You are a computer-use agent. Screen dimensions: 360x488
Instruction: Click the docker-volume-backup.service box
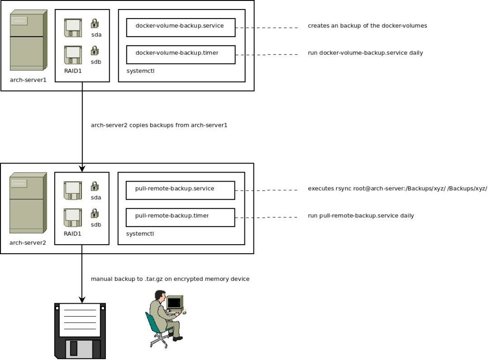pos(181,27)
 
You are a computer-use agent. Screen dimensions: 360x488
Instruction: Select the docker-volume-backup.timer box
pos(181,54)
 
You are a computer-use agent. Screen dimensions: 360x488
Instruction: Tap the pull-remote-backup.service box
pos(181,190)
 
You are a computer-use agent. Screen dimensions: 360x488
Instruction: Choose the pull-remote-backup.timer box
pos(181,217)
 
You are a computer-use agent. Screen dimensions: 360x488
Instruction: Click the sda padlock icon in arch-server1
pos(95,23)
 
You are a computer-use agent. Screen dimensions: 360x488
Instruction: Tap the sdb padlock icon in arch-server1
pos(95,50)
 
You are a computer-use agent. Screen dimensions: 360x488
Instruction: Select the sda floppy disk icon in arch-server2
pos(72,190)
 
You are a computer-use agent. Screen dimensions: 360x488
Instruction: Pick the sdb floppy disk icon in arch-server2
pos(72,217)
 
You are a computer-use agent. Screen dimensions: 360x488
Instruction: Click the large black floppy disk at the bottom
pos(80,330)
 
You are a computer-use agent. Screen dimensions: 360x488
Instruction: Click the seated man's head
pos(158,295)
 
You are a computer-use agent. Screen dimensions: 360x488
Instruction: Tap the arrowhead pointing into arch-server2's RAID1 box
pos(82,168)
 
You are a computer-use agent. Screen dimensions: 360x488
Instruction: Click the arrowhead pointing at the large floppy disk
pos(82,299)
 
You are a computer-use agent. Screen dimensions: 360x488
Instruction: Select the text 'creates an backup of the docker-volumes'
pos(367,26)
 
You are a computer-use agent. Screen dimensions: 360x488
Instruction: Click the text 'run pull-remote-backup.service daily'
pos(361,216)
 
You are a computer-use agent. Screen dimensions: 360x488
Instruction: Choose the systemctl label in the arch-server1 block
pos(140,71)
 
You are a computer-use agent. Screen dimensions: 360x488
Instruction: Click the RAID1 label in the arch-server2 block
pos(72,234)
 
